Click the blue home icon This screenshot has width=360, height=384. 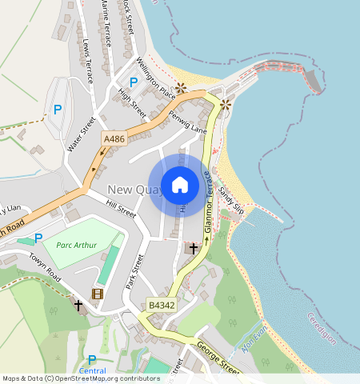click(180, 185)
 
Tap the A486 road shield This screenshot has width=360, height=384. click(114, 139)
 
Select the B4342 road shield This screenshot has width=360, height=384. click(160, 306)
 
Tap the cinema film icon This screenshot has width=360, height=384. click(98, 294)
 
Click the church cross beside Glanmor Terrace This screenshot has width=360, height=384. click(193, 249)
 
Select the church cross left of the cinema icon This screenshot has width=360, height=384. click(78, 305)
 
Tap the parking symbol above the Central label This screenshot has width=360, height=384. click(92, 360)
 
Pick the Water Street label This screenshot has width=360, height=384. click(82, 134)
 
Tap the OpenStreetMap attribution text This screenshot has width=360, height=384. click(80, 378)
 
